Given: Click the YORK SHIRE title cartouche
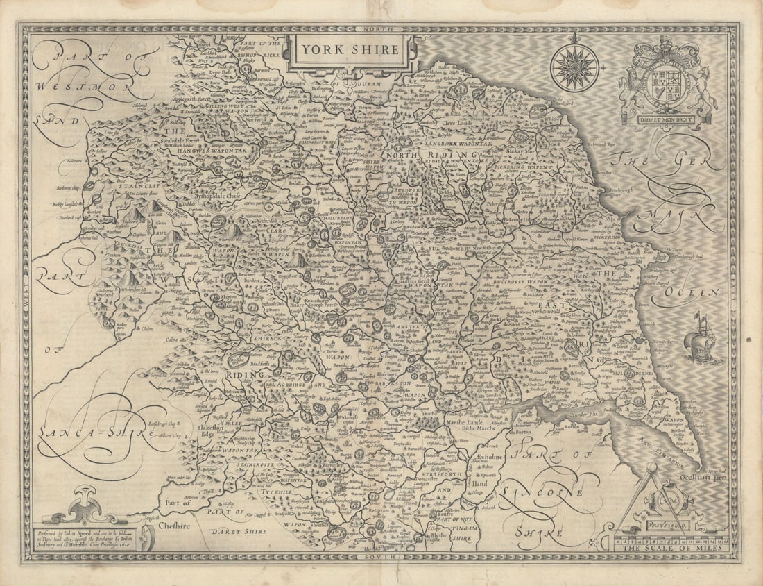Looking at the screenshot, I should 350,50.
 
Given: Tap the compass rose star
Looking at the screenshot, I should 575,68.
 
